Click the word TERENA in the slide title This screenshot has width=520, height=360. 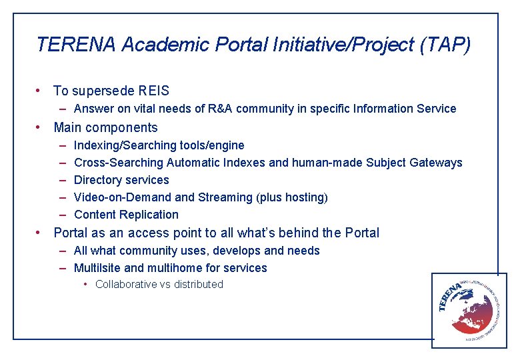(77, 45)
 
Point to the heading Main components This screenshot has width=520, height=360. (105, 127)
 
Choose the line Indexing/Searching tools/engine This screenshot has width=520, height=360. (159, 145)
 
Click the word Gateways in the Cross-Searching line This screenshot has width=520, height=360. (436, 163)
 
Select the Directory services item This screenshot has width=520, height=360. (121, 180)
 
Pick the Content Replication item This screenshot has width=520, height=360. (126, 215)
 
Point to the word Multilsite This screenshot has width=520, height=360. (97, 268)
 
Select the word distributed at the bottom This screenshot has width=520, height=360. (199, 285)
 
